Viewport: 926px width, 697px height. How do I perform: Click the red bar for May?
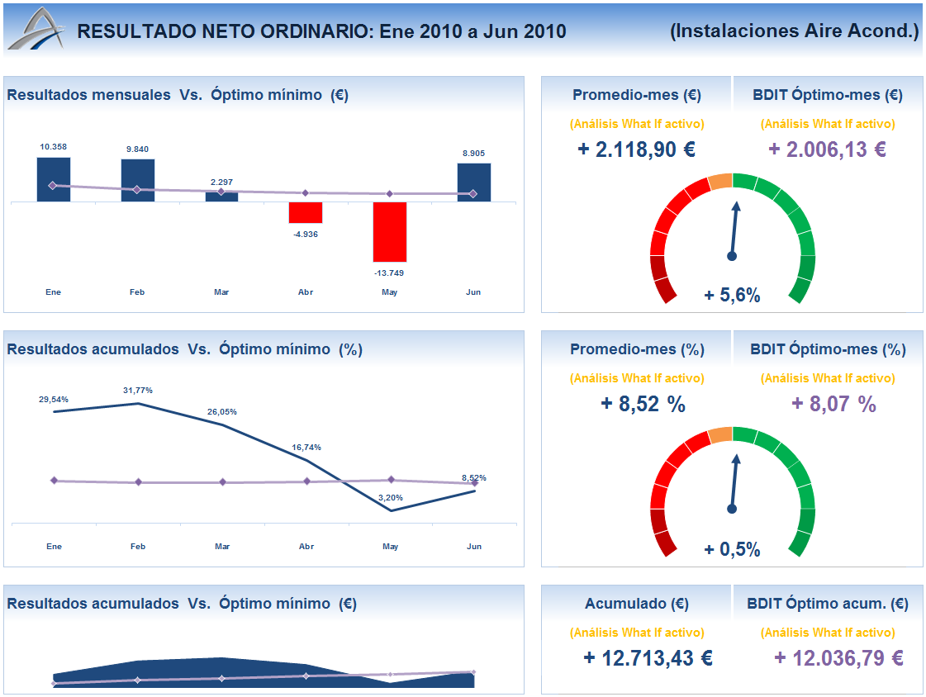click(x=390, y=232)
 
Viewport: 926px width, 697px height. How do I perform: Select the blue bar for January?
click(x=54, y=179)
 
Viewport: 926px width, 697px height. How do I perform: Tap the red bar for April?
click(x=306, y=212)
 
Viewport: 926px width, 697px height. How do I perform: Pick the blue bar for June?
click(x=474, y=182)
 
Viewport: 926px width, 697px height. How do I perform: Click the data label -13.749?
click(x=389, y=273)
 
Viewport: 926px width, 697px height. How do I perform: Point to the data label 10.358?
click(x=54, y=147)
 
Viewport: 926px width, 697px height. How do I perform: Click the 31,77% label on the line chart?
click(x=138, y=390)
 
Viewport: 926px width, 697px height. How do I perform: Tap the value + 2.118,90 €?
click(x=636, y=149)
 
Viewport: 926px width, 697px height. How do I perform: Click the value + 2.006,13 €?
click(x=827, y=149)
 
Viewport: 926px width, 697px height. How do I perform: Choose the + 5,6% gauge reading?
click(x=732, y=296)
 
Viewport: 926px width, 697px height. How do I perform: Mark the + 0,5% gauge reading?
click(x=732, y=550)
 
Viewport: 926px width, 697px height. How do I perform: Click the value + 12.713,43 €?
click(x=648, y=658)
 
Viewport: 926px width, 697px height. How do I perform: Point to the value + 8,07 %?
click(x=833, y=404)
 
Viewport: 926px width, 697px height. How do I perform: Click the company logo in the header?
click(x=35, y=31)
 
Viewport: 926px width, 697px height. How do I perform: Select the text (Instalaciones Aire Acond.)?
click(x=795, y=31)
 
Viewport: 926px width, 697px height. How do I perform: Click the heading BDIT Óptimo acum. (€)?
click(x=828, y=604)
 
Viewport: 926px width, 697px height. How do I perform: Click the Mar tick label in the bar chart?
click(x=221, y=292)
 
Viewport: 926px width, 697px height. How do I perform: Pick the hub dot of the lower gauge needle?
click(x=732, y=510)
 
